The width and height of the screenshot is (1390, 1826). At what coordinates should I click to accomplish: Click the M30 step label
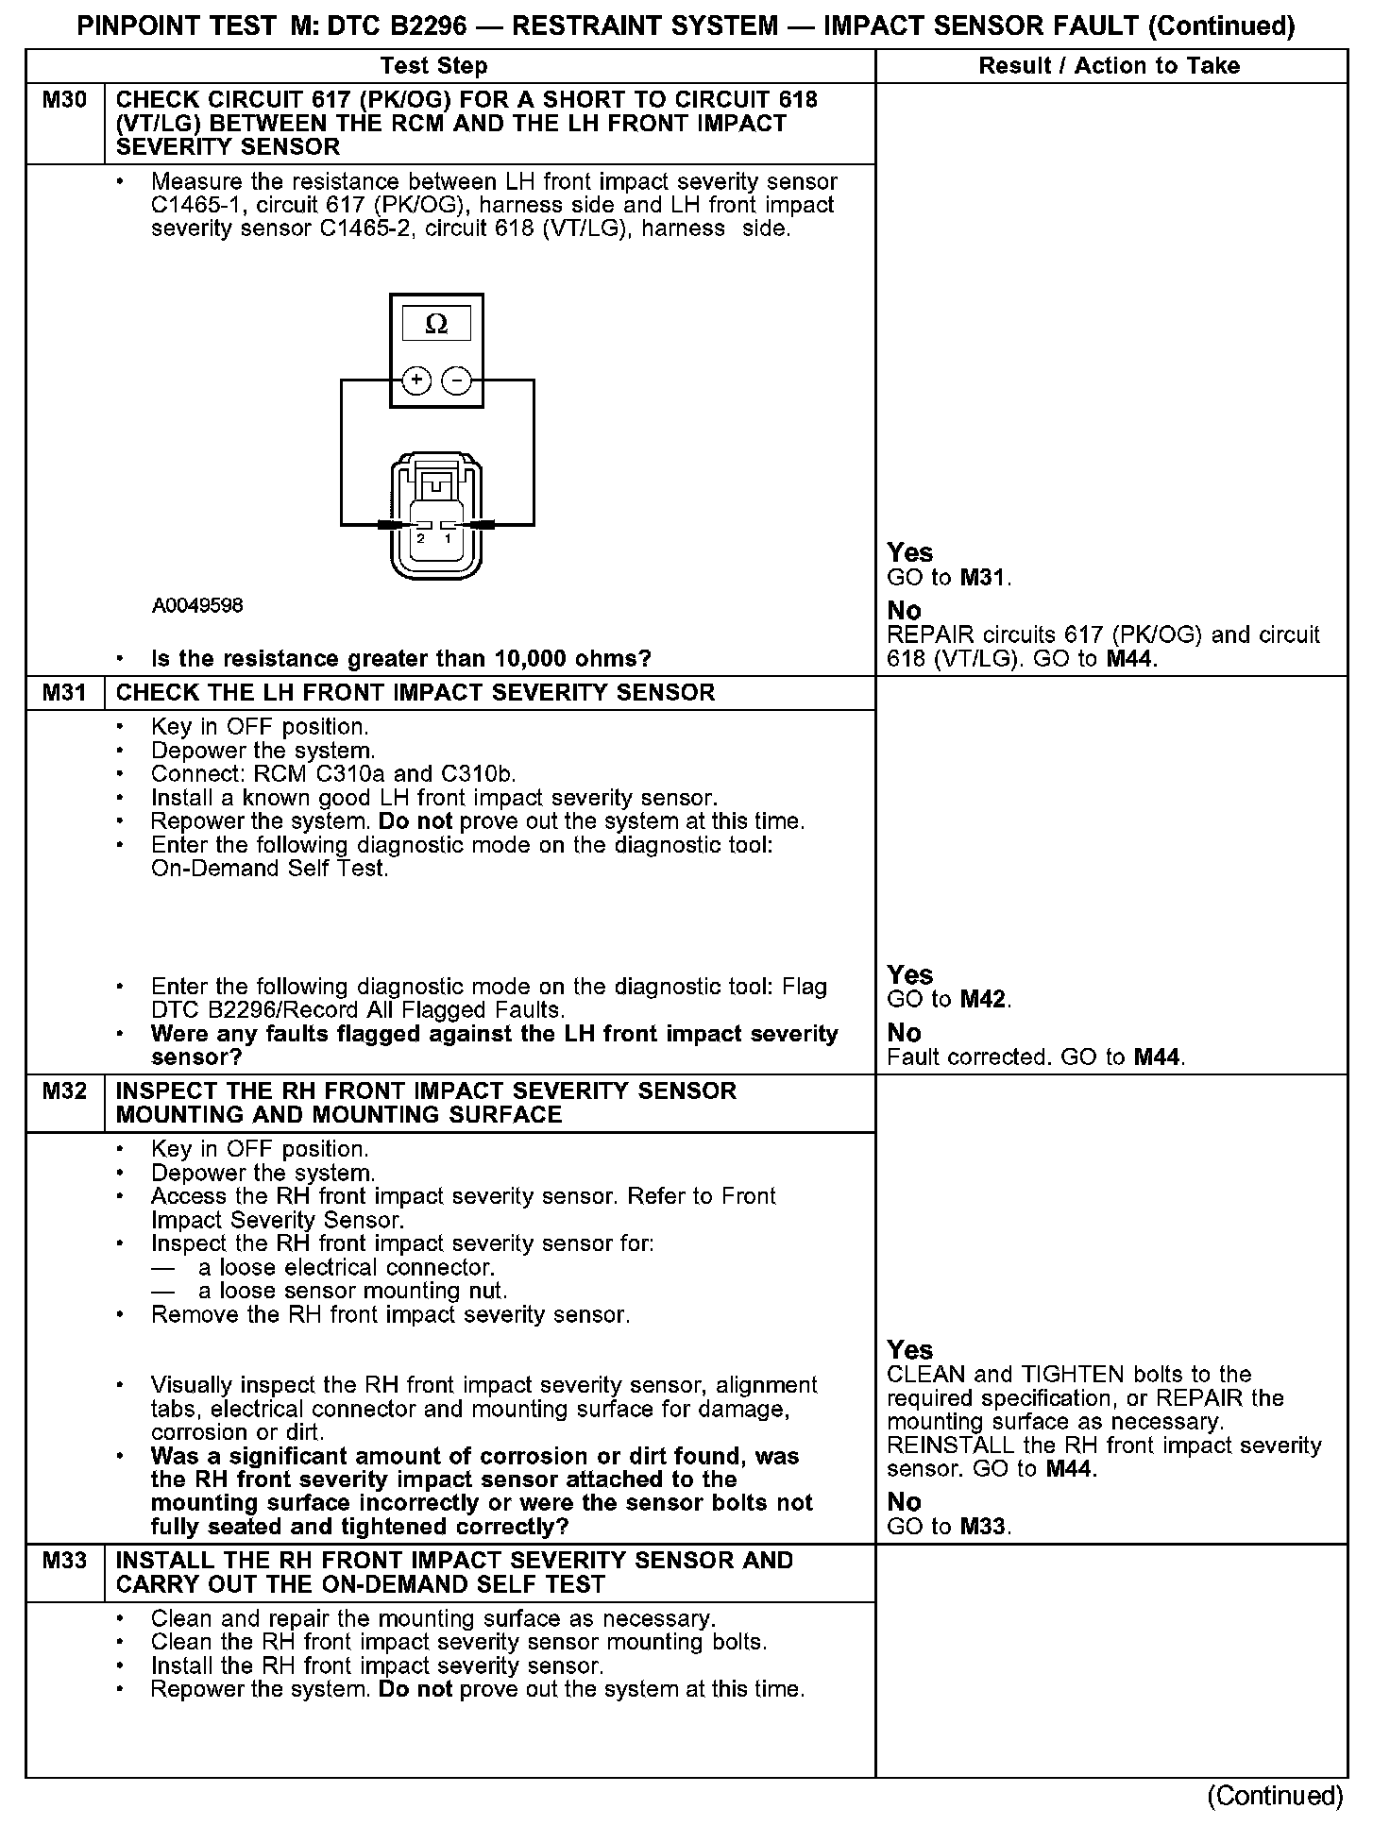coord(64,100)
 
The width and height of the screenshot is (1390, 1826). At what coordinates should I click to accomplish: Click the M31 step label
coord(64,693)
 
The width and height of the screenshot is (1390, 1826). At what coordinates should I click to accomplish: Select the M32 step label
coord(64,1091)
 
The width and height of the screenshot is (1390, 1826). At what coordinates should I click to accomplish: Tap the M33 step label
coord(64,1561)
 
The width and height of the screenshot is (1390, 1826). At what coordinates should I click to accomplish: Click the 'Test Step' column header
coord(434,66)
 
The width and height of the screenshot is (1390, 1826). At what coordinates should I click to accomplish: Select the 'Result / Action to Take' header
coord(1110,66)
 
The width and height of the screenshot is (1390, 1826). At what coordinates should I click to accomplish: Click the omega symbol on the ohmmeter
coord(436,325)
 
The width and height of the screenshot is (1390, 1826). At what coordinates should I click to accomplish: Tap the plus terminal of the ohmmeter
coord(416,380)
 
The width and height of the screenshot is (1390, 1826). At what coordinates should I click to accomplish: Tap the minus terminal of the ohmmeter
coord(457,380)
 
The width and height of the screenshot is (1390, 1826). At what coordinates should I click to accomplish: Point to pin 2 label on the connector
coord(421,538)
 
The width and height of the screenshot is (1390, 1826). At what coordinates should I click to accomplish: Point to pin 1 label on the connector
coord(449,538)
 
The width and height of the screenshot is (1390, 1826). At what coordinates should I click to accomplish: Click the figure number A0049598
coord(197,605)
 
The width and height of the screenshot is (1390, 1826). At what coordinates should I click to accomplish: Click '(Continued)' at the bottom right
coord(1275,1795)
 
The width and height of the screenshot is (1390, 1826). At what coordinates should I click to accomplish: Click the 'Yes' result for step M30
coord(910,553)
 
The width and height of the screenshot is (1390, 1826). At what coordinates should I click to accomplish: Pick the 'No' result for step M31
coord(904,1033)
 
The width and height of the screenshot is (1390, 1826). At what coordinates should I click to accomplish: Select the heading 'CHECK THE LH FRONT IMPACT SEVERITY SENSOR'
coord(415,693)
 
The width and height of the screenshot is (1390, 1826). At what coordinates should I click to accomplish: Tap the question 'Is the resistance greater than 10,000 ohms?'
coord(401,658)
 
